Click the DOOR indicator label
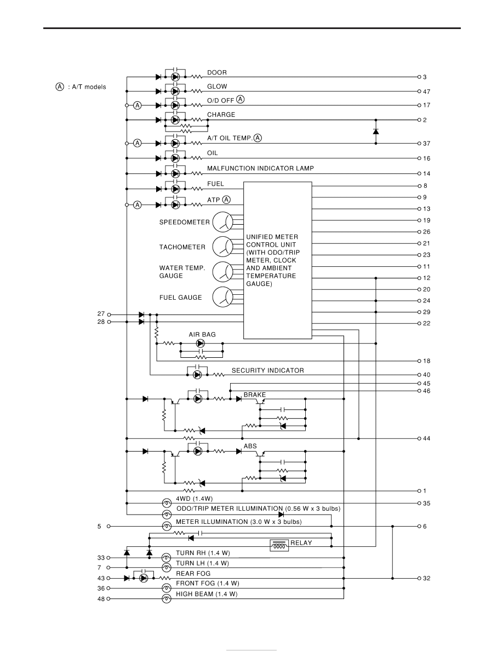pos(217,73)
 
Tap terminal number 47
pos(427,92)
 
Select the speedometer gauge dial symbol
pos(223,222)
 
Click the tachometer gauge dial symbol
pos(223,247)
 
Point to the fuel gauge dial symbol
pos(223,297)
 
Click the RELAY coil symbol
pos(279,546)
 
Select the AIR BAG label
pos(202,335)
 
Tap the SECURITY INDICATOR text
pos(268,370)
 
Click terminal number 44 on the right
pos(427,438)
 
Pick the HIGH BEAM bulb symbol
pos(167,599)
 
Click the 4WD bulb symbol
pos(167,503)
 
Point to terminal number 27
pos(101,314)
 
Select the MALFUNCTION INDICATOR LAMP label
pos(260,169)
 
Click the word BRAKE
pos(255,395)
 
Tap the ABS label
pos(250,446)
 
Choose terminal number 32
pos(427,578)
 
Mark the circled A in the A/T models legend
pos(60,87)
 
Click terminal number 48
pos(101,599)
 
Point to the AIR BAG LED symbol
pos(201,344)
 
